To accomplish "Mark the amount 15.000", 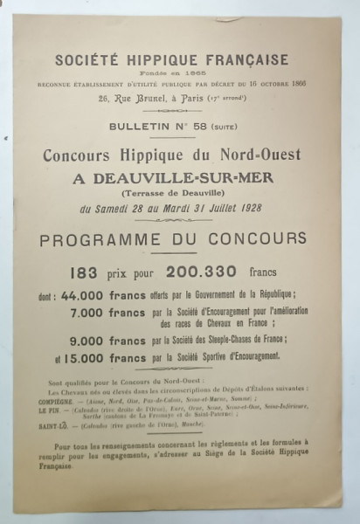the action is (x=87, y=357).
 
